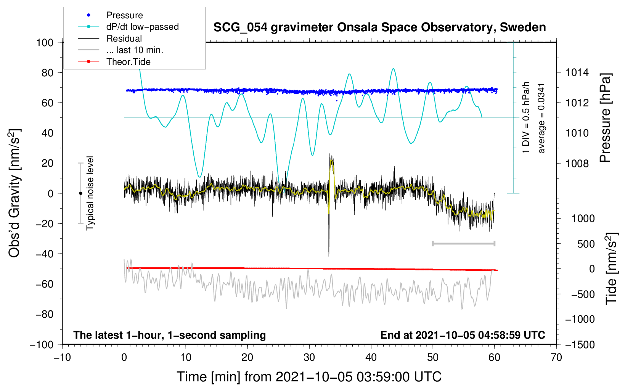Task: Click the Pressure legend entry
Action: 124,15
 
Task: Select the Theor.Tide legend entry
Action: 128,62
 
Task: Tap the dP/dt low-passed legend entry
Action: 142,27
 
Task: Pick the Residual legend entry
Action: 124,39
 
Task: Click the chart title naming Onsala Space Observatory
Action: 379,27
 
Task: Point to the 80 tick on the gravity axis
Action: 47,72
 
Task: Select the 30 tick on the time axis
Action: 309,358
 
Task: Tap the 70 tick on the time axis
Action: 556,358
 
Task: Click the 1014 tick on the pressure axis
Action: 577,72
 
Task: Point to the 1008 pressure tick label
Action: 577,164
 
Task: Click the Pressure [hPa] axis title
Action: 605,118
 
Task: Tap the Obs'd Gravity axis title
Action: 14,193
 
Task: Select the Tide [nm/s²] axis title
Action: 611,268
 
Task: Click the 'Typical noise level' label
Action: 90,193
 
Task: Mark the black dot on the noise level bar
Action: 80,193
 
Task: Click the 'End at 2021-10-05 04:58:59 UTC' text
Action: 463,335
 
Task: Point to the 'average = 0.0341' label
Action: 541,118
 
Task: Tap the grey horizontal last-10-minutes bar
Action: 464,244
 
